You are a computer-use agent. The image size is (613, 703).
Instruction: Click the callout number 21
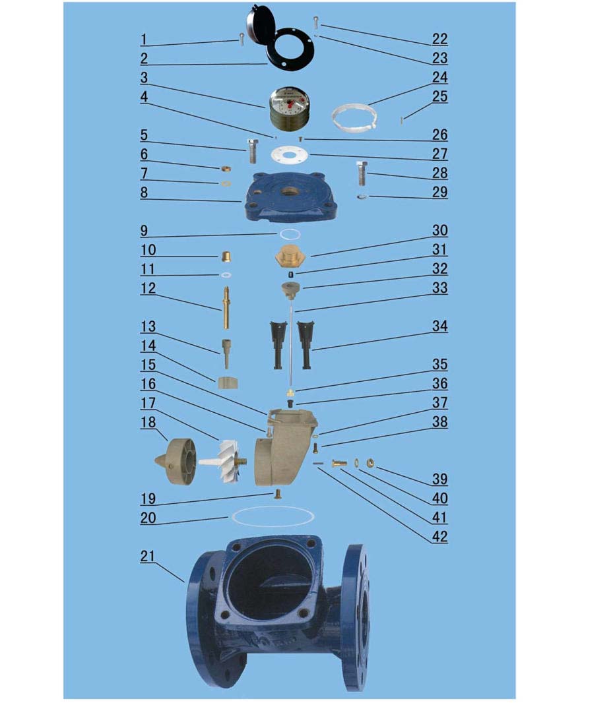tap(148, 556)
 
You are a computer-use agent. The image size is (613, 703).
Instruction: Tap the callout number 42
tap(439, 537)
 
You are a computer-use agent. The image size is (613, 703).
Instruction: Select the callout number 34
tap(439, 326)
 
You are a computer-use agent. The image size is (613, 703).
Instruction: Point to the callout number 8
tap(144, 193)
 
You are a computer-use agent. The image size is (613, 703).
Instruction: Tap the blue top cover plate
tap(290, 196)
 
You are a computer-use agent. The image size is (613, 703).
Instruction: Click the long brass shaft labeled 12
tap(227, 307)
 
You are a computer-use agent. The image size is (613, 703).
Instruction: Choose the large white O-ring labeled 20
tap(273, 516)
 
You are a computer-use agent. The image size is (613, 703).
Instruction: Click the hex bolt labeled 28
tap(362, 173)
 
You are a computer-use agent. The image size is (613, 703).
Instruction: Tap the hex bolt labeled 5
tap(253, 151)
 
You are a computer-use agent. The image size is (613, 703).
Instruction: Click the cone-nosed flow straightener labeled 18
tap(176, 464)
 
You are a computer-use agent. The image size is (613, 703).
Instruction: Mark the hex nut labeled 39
tap(371, 462)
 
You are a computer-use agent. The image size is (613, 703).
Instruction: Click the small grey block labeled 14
tap(228, 383)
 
